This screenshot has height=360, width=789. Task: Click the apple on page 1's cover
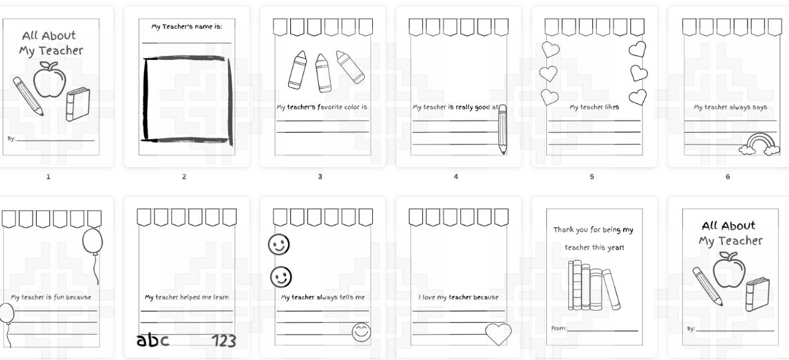(49, 81)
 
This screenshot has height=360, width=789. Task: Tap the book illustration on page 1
(77, 105)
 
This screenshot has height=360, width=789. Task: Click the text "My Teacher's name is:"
(187, 27)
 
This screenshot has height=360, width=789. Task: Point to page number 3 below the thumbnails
(320, 177)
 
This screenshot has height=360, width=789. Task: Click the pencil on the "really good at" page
(502, 129)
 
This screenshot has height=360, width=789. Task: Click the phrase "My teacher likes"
(594, 107)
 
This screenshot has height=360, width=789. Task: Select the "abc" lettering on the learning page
(153, 341)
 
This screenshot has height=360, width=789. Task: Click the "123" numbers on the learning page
(223, 341)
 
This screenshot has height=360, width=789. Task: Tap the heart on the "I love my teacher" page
(498, 333)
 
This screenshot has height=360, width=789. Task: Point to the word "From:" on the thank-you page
(558, 328)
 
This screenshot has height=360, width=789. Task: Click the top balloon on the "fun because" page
(93, 243)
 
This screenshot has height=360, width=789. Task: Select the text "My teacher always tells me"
(323, 297)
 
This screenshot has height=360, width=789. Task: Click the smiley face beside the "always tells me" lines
(361, 332)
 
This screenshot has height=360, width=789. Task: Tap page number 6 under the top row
(728, 177)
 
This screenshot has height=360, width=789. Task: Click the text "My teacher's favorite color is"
(322, 107)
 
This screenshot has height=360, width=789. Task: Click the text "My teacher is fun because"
(51, 297)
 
